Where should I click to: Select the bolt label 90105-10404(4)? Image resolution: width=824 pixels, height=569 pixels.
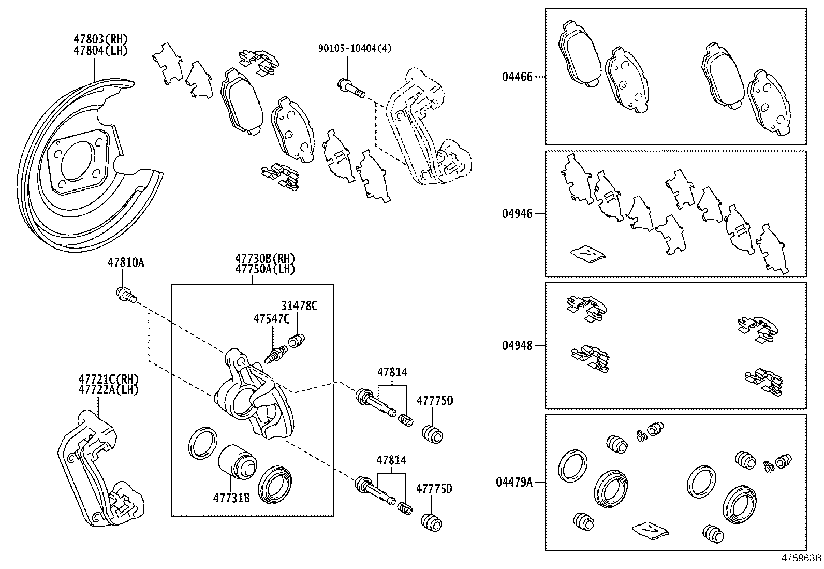click(x=355, y=48)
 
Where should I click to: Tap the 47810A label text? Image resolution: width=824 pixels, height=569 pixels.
click(x=126, y=263)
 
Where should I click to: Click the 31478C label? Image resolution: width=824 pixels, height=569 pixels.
click(x=299, y=306)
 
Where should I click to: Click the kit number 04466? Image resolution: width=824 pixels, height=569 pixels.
click(x=517, y=78)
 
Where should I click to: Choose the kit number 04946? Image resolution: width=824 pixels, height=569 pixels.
click(x=517, y=214)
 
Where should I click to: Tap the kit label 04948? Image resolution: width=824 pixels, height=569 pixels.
click(x=517, y=346)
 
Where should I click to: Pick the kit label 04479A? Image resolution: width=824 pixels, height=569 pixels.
click(x=514, y=483)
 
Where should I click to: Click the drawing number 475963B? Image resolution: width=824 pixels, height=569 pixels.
click(x=801, y=558)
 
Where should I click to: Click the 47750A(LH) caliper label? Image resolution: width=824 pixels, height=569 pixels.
click(x=264, y=269)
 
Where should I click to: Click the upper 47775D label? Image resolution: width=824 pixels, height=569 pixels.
click(x=434, y=400)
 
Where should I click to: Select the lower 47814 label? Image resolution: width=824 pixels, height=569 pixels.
click(x=391, y=460)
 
